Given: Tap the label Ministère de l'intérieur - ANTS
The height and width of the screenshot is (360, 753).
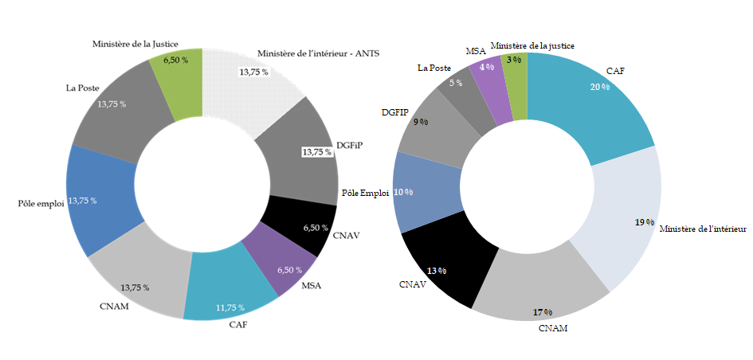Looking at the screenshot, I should [319, 54].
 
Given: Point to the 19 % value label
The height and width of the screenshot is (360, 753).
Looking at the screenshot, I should [644, 222].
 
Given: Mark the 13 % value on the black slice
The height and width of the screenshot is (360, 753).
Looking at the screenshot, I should [436, 271].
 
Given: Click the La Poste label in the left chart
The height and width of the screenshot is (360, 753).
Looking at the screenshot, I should [81, 88].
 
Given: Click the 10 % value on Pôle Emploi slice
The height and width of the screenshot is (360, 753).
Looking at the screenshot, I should [403, 192].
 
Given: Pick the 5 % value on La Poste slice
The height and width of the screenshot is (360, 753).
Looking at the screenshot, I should [456, 82].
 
